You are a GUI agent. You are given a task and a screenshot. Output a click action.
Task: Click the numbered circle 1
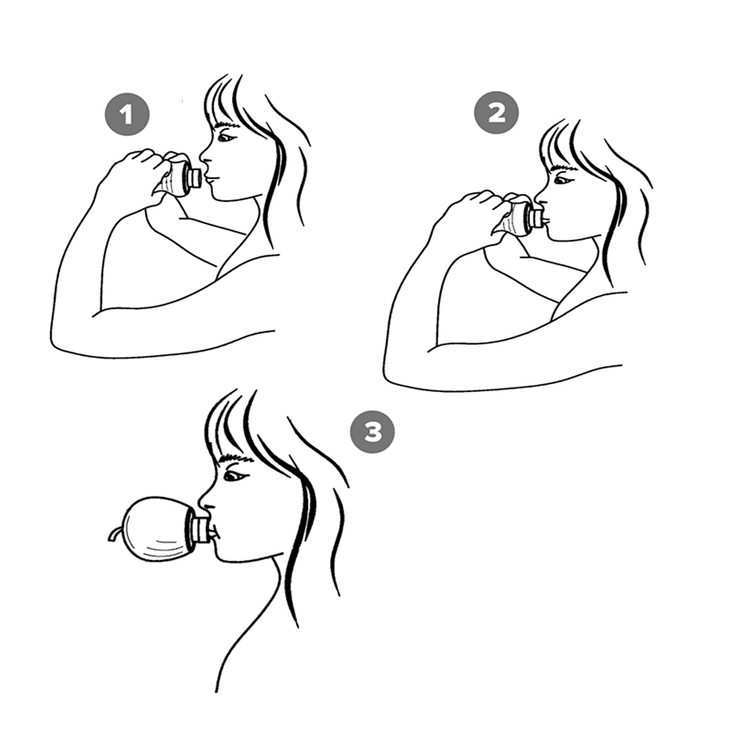(x=127, y=114)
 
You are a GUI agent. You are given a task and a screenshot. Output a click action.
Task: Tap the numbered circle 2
(x=496, y=112)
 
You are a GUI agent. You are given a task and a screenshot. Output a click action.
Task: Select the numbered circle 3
(x=372, y=432)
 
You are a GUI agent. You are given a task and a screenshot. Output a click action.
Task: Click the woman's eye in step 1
(x=226, y=138)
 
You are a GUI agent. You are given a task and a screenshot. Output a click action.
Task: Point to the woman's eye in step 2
(x=562, y=180)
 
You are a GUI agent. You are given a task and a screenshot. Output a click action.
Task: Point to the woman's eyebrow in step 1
(x=227, y=124)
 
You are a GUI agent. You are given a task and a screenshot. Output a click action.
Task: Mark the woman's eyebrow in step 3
(x=235, y=457)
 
